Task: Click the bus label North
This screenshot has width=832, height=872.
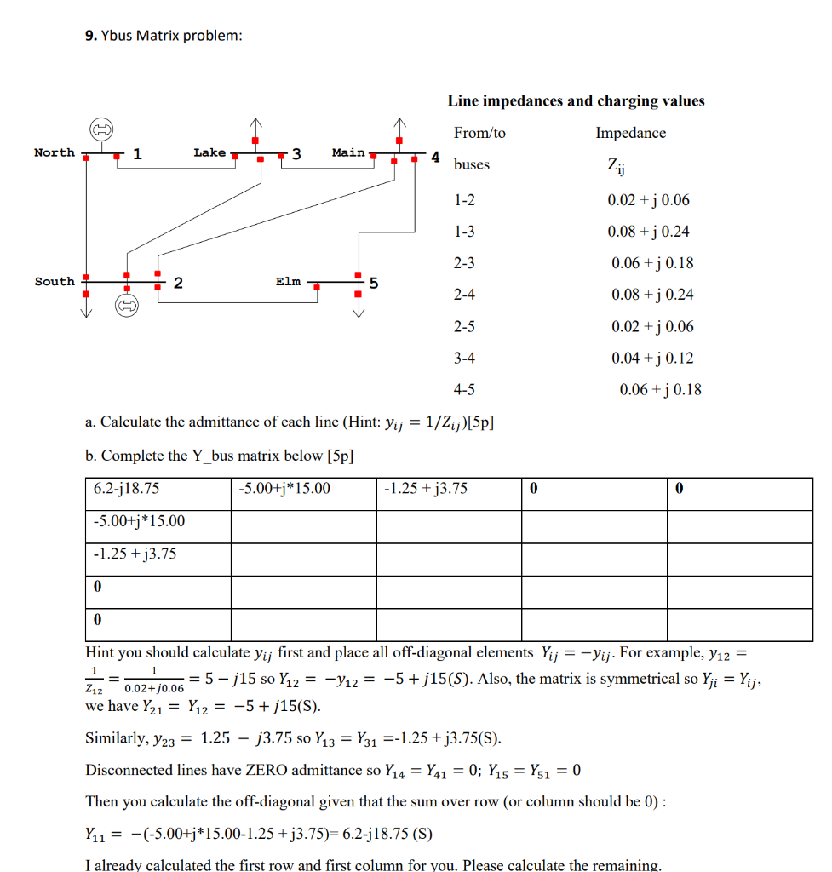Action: tap(54, 152)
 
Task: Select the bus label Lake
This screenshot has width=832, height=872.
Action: tap(209, 152)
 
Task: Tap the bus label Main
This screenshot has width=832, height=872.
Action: tap(348, 152)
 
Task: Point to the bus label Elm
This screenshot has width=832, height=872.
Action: tap(288, 281)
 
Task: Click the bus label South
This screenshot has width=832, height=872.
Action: tap(54, 281)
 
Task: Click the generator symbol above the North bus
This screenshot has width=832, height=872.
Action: tap(103, 129)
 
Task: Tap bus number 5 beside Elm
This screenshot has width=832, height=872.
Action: tap(373, 283)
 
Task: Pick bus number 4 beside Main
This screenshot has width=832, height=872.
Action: tap(434, 157)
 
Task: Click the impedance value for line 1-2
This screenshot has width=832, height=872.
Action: tap(648, 200)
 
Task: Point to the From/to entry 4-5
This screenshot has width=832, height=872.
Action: tap(464, 389)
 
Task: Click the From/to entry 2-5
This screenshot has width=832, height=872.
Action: tap(464, 326)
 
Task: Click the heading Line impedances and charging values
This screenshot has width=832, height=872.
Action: tap(576, 100)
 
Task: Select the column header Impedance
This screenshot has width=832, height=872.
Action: tap(630, 133)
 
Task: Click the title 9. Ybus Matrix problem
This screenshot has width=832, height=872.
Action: tap(164, 36)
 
